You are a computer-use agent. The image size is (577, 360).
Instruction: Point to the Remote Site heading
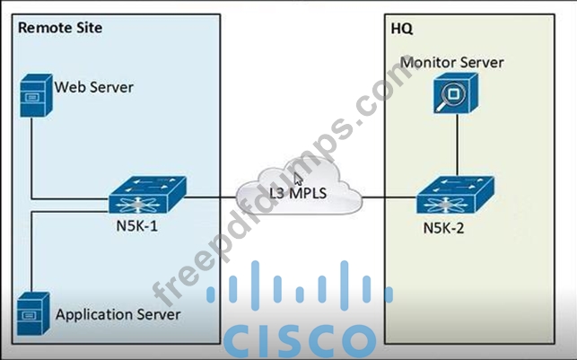[x=60, y=28]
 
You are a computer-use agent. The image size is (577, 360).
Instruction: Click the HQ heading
[x=402, y=28]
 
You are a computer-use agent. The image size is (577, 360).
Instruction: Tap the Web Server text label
[x=93, y=88]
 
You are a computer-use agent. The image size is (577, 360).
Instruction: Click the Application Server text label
[x=118, y=314]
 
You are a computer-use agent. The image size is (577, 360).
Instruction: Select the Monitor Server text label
[x=452, y=62]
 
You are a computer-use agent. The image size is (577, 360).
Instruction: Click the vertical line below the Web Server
[x=32, y=153]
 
